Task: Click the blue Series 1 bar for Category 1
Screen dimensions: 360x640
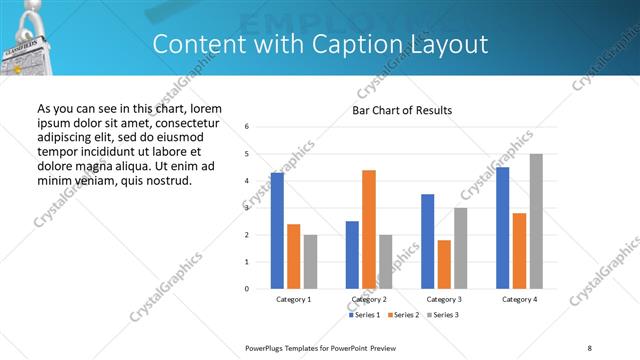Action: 277,230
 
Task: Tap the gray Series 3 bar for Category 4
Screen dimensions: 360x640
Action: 536,221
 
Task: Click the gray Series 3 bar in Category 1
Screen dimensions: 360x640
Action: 310,261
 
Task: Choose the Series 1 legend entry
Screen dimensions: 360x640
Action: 364,315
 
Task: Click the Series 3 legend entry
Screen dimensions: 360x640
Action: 441,315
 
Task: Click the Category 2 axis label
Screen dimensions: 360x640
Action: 369,299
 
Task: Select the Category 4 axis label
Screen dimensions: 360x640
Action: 519,299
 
